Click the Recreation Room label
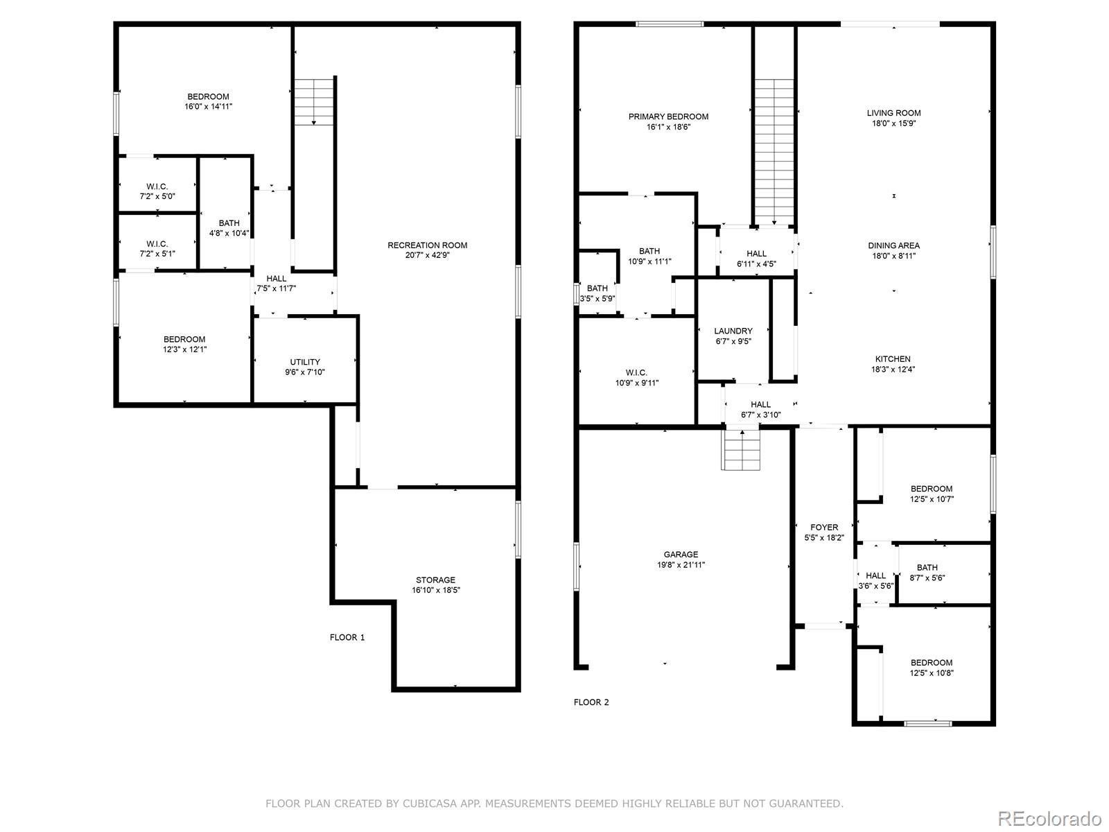(x=427, y=245)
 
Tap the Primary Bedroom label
(x=668, y=116)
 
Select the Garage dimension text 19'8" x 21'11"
(x=681, y=565)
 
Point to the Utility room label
(x=305, y=362)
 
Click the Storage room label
(x=435, y=580)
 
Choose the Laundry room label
(x=733, y=331)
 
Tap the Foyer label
(x=824, y=528)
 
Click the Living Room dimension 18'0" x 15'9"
(x=893, y=123)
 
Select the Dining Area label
(x=893, y=245)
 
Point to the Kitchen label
(x=893, y=359)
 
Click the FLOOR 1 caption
(x=347, y=637)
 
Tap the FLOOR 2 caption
(x=591, y=702)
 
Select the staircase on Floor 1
(x=314, y=102)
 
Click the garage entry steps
(x=741, y=449)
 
